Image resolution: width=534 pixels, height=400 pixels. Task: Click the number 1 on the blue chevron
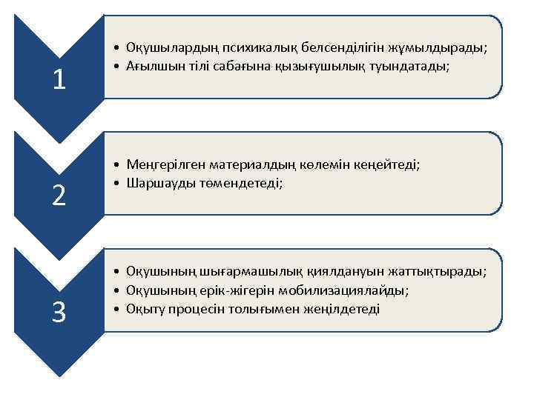pyautogui.click(x=59, y=79)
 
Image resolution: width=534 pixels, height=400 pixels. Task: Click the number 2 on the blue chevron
pyautogui.click(x=59, y=196)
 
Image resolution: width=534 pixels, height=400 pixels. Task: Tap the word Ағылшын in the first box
pyautogui.click(x=151, y=67)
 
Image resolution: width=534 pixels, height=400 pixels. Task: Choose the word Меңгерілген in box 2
pyautogui.click(x=161, y=164)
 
